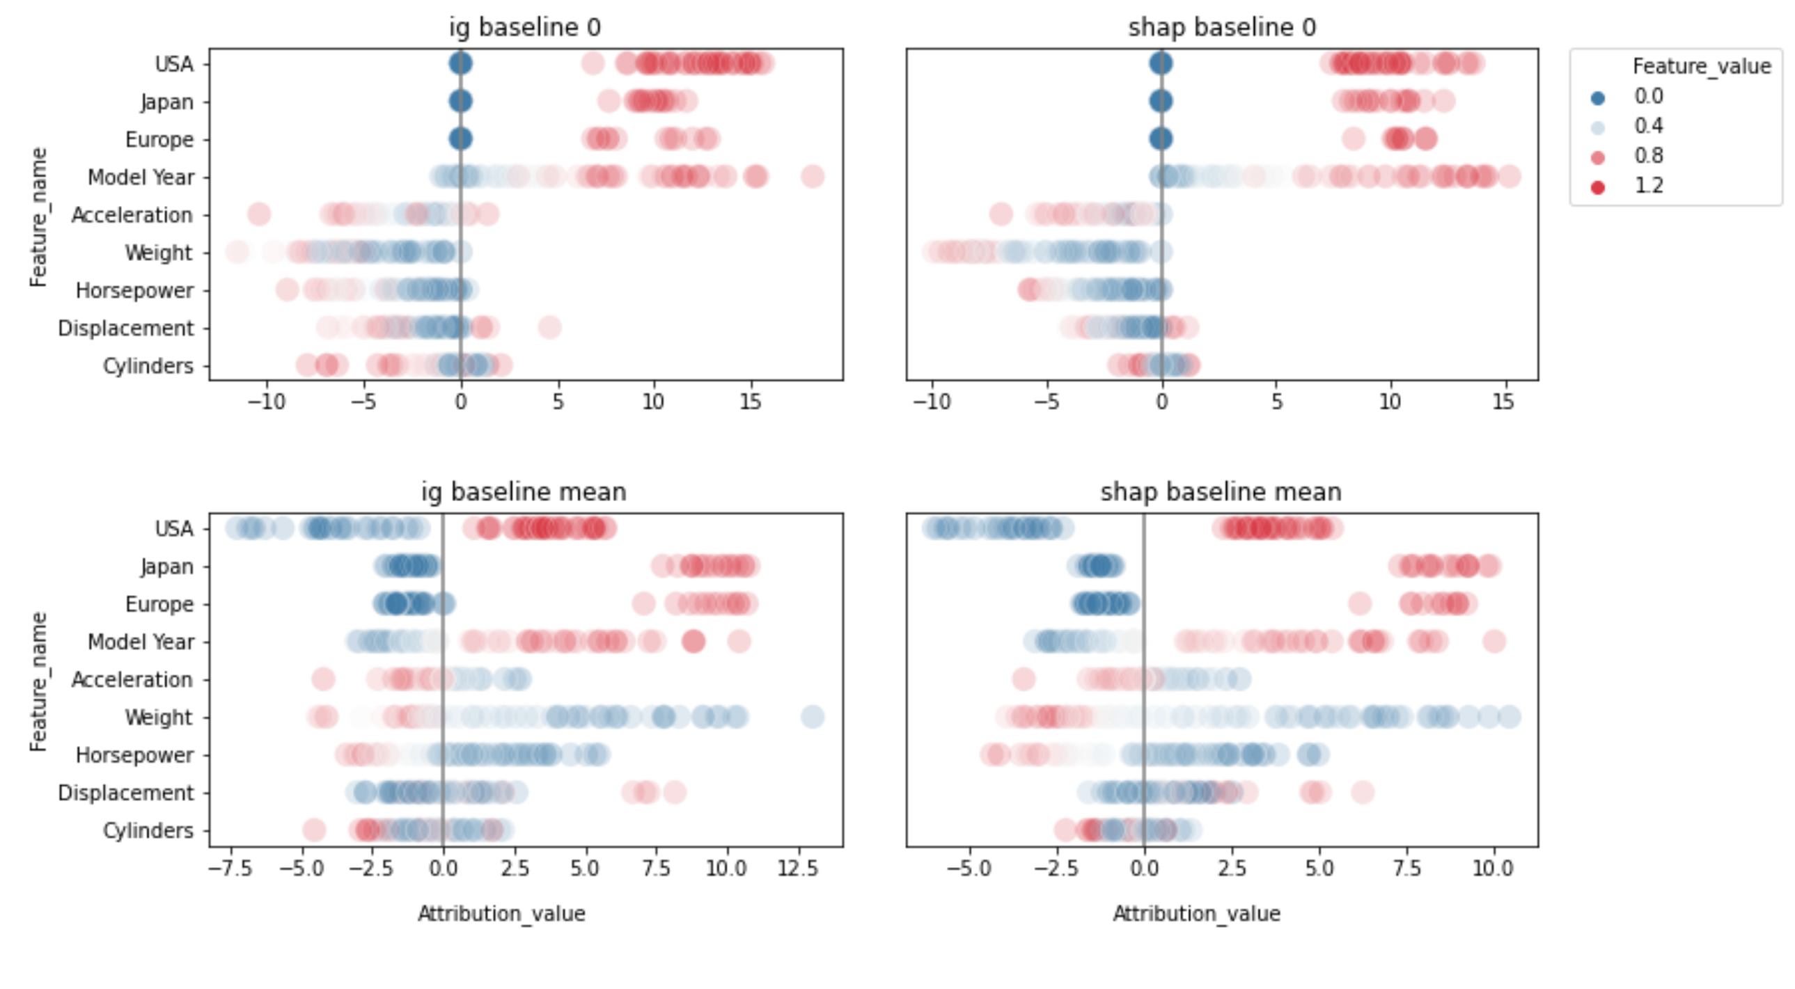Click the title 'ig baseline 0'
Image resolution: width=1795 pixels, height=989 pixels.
pos(524,27)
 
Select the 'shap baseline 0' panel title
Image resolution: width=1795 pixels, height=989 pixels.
pos(1221,27)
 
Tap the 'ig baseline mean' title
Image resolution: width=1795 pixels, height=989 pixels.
pos(524,491)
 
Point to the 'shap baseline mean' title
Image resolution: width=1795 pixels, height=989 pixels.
pos(1221,491)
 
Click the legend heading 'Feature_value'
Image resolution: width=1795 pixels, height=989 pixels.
pos(1701,66)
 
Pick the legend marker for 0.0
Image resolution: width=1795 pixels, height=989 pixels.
pos(1598,98)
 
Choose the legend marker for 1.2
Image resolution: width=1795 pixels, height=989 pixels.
pos(1598,187)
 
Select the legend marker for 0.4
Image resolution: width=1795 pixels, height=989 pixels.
pos(1598,127)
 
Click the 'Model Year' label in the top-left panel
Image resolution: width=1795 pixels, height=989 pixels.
pos(141,177)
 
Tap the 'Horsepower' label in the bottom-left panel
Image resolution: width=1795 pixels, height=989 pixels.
pos(134,755)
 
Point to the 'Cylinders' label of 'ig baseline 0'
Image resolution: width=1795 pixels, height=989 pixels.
pos(148,365)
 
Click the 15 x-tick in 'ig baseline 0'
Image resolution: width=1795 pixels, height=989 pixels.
pos(751,402)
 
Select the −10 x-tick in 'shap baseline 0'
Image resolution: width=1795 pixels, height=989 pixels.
pos(931,402)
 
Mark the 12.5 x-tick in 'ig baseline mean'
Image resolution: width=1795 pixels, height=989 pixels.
pos(797,869)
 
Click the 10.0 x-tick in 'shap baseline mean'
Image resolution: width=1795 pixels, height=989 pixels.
pos(1493,869)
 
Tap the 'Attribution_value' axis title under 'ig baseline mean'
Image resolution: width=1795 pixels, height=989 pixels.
pos(501,914)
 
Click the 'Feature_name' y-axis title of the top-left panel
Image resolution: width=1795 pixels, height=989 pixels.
pos(38,216)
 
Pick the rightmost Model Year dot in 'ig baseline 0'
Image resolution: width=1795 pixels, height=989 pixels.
pos(813,177)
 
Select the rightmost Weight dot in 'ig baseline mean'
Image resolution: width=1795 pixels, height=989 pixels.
pos(813,717)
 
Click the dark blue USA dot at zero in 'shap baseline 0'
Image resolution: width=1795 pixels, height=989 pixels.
pos(1161,63)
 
